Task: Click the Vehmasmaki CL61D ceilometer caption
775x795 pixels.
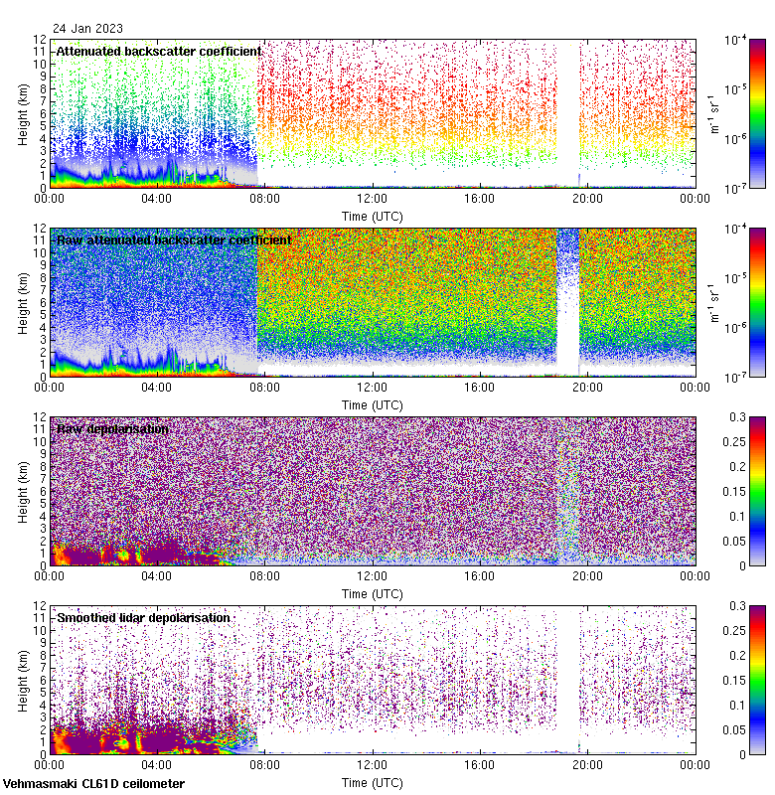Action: (93, 784)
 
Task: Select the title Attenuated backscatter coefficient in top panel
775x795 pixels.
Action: (159, 51)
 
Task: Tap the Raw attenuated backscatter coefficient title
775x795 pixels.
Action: (174, 239)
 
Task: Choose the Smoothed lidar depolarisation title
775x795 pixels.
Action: (144, 617)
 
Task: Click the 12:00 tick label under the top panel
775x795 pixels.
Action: (373, 198)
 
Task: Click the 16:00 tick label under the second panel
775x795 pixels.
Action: (480, 387)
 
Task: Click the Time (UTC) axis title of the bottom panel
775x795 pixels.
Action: (373, 782)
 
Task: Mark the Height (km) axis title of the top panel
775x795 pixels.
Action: (23, 113)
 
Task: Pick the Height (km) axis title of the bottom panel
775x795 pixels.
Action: (23, 680)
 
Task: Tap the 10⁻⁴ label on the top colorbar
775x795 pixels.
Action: (737, 41)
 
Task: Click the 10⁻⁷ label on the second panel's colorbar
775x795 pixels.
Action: (737, 377)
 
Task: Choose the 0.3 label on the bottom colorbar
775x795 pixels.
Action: (736, 606)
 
